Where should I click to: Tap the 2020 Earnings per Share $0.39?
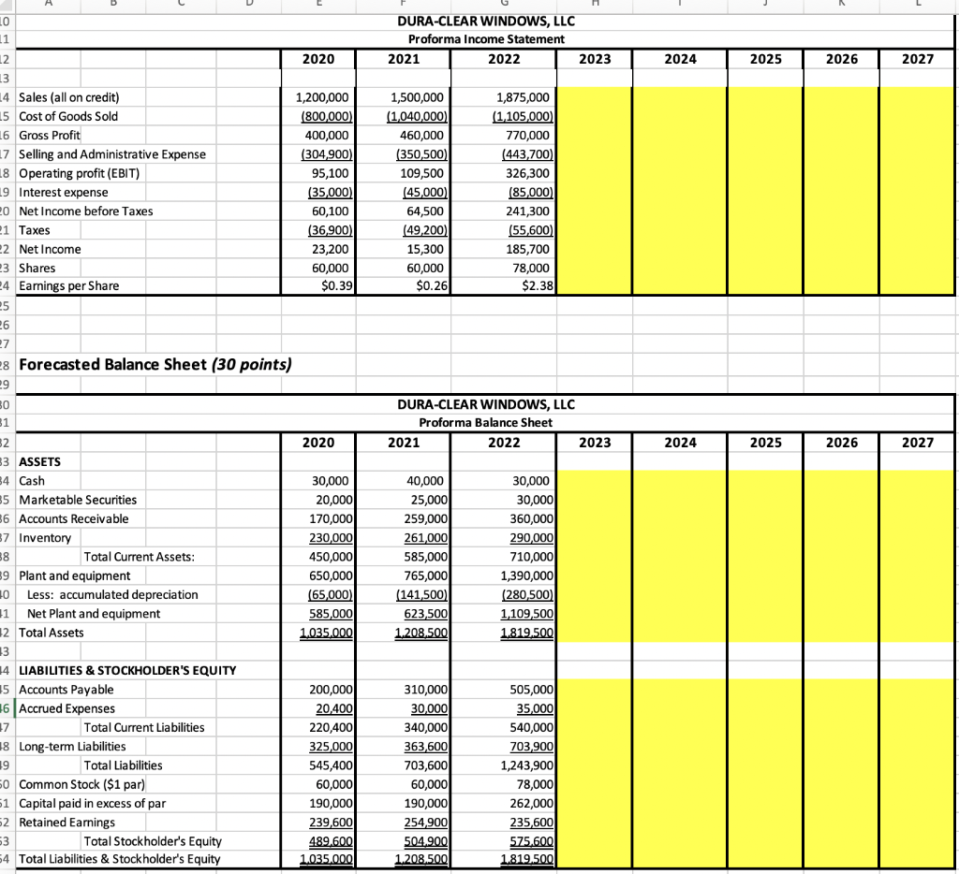[336, 285]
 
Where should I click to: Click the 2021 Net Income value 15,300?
[427, 249]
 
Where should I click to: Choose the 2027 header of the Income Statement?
[918, 58]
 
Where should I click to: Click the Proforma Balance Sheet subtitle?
[485, 422]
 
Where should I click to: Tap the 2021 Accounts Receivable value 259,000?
[427, 518]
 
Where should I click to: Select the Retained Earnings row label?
[66, 822]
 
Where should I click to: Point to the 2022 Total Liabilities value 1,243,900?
[528, 765]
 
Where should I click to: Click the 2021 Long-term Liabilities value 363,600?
[427, 746]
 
